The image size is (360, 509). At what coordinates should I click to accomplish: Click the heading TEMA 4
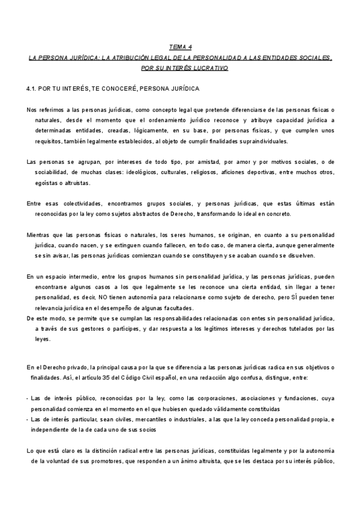point(179,46)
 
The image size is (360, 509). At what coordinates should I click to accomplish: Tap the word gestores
point(86,330)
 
